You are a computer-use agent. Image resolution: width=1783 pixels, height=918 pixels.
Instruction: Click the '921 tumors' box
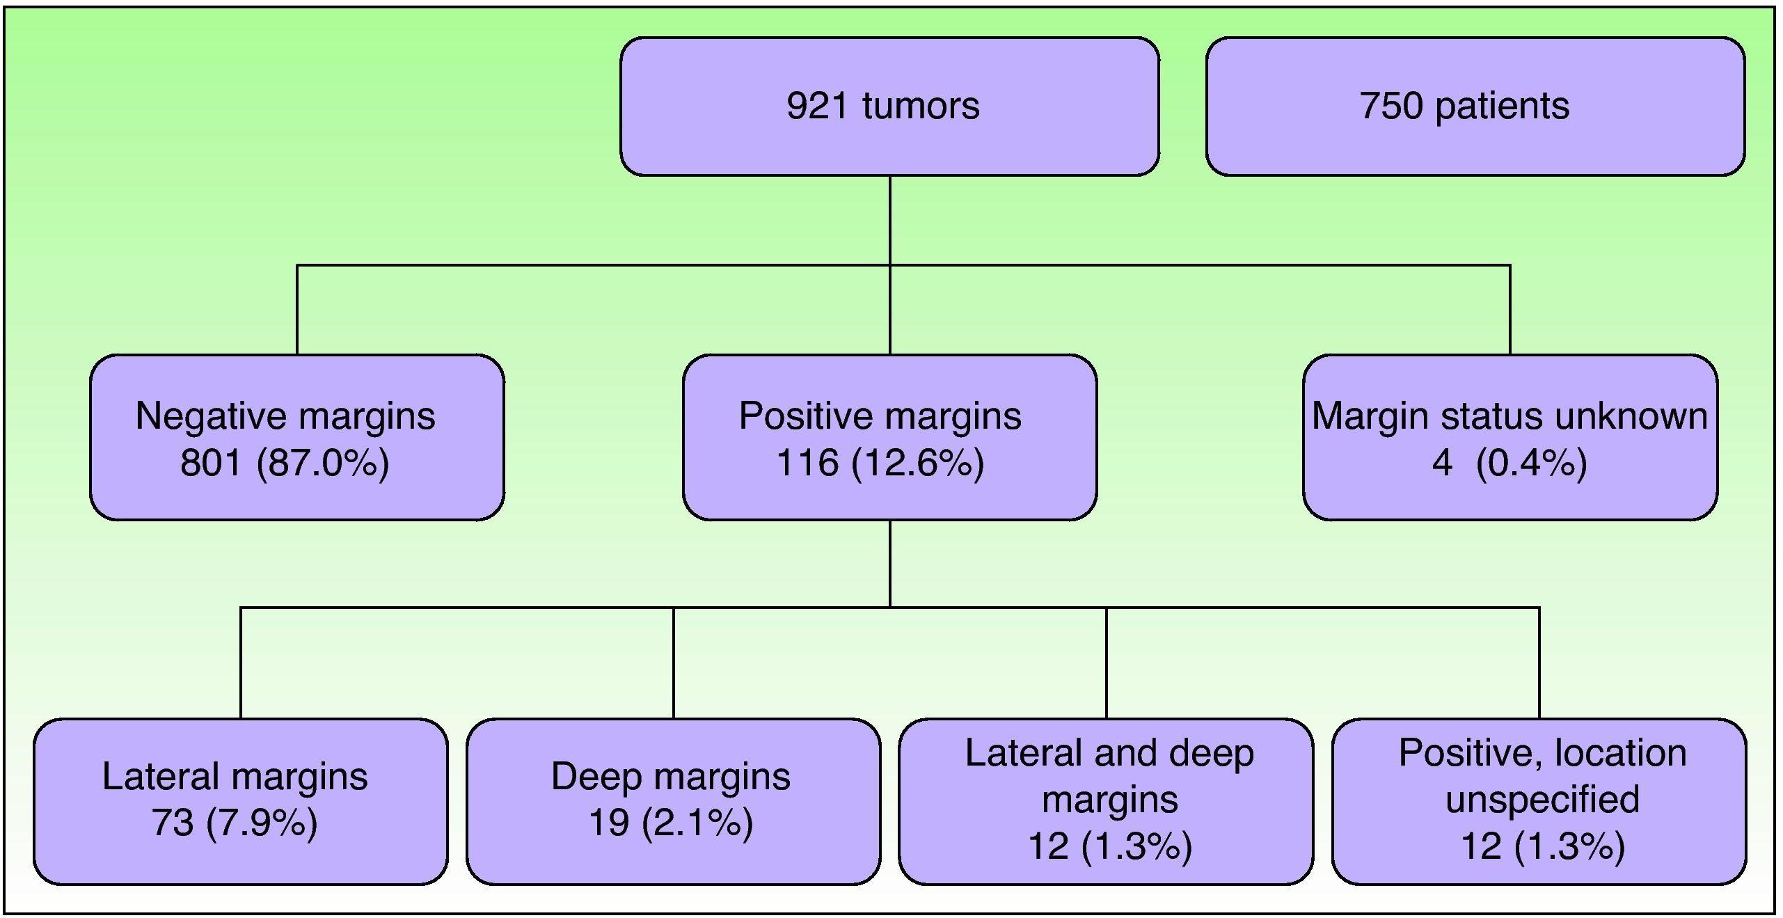[889, 106]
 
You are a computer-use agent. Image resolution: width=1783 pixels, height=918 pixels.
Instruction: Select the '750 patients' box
[1475, 106]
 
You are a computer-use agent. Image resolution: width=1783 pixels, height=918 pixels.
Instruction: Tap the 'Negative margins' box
[297, 437]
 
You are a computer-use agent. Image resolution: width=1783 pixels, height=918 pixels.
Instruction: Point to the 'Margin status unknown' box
[1509, 437]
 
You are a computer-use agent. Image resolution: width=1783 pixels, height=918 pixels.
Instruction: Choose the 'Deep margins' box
[673, 801]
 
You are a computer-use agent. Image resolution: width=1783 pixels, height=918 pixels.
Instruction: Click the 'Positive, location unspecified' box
[1539, 801]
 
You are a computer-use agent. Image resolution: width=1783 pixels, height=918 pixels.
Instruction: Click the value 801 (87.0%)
[285, 462]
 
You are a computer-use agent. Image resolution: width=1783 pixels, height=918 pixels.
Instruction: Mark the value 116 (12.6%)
[880, 462]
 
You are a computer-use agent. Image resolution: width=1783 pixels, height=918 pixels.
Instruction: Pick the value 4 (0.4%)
[1509, 462]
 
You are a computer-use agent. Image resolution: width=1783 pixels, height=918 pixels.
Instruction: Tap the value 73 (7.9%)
[235, 823]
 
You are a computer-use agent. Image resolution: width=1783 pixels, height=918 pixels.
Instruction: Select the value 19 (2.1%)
[671, 823]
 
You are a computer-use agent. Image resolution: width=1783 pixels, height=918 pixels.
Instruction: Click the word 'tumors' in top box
[920, 106]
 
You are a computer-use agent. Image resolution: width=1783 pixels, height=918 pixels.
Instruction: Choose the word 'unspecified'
[1542, 799]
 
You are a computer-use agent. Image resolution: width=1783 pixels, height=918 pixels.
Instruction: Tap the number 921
[818, 106]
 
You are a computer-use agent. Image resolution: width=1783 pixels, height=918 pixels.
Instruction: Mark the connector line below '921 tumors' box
[890, 219]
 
